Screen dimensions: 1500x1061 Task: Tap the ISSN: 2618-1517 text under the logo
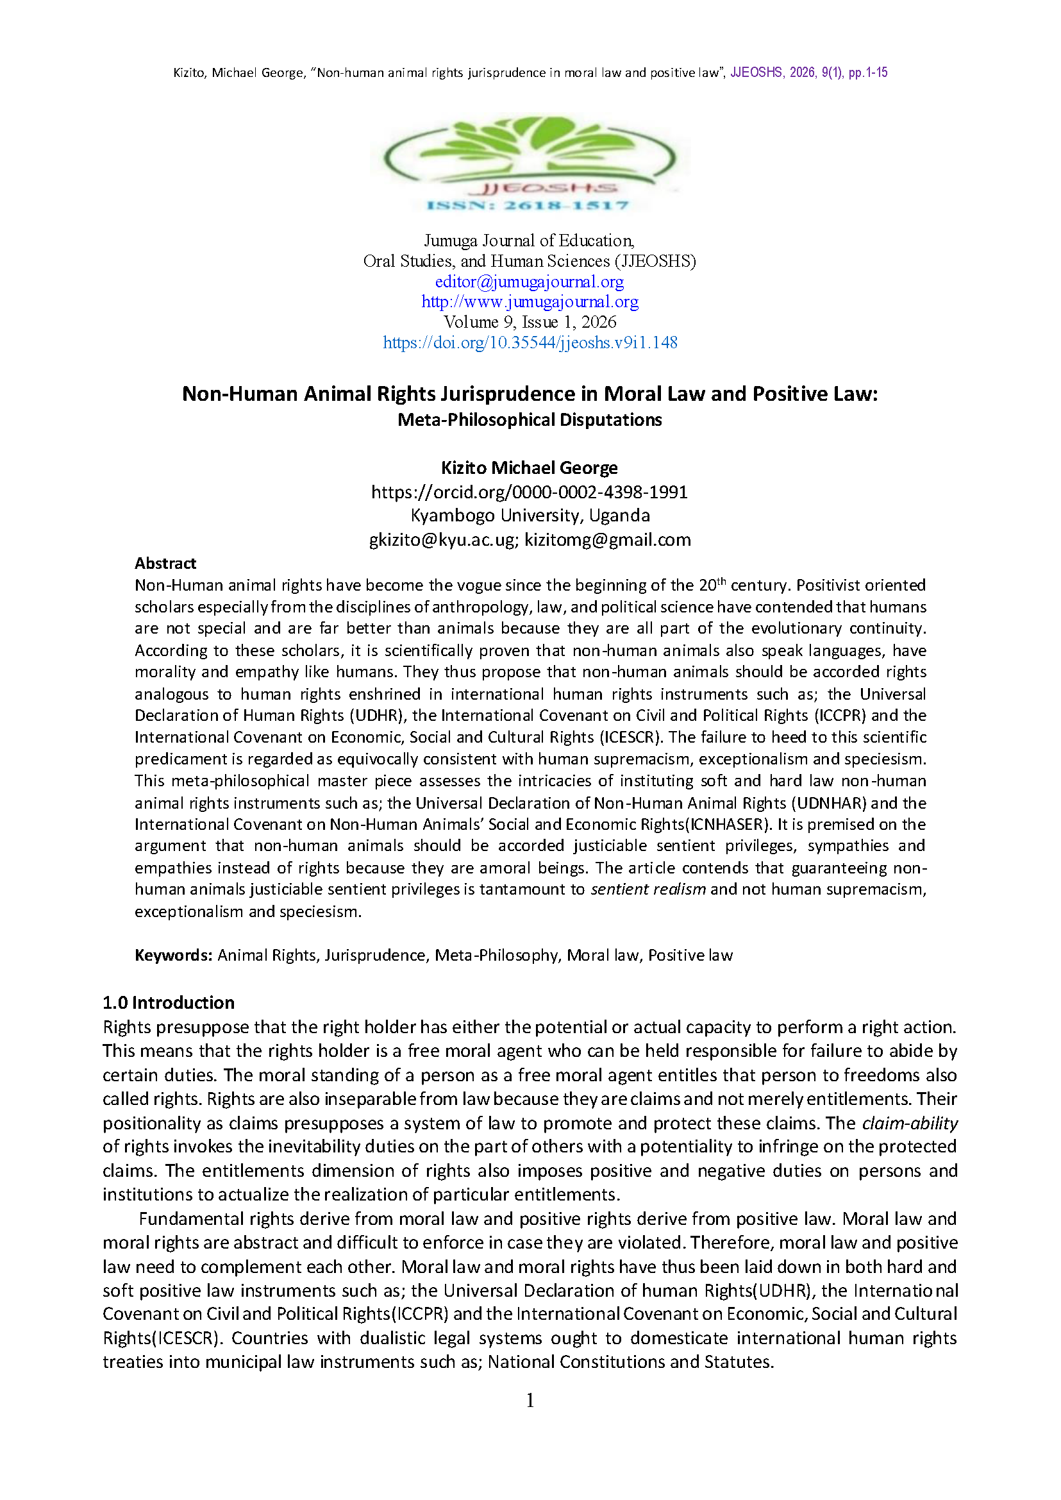pyautogui.click(x=528, y=205)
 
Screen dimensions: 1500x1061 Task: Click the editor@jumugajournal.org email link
pyautogui.click(x=529, y=282)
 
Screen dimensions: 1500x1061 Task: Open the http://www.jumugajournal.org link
pyautogui.click(x=529, y=302)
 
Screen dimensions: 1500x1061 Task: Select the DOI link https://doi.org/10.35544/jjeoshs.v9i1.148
pyautogui.click(x=530, y=342)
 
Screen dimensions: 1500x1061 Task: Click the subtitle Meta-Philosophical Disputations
pyautogui.click(x=529, y=419)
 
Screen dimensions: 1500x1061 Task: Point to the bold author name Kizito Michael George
pyautogui.click(x=529, y=468)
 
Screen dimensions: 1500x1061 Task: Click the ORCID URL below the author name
pyautogui.click(x=529, y=491)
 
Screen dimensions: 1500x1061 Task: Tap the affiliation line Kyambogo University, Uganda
pyautogui.click(x=530, y=515)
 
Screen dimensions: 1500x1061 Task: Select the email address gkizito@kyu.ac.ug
pyautogui.click(x=442, y=539)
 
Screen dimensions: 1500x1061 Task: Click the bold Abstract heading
pyautogui.click(x=165, y=564)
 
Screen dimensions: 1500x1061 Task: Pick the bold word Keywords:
pyautogui.click(x=173, y=955)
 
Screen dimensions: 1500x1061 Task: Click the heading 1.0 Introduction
pyautogui.click(x=169, y=1002)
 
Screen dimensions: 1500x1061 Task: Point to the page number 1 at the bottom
pyautogui.click(x=530, y=1400)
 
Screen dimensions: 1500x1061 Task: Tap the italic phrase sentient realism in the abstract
pyautogui.click(x=647, y=889)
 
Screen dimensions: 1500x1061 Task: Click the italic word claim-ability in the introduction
pyautogui.click(x=910, y=1123)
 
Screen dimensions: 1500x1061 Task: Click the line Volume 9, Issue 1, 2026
pyautogui.click(x=530, y=322)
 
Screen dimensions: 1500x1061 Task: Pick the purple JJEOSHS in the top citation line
pyautogui.click(x=756, y=72)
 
